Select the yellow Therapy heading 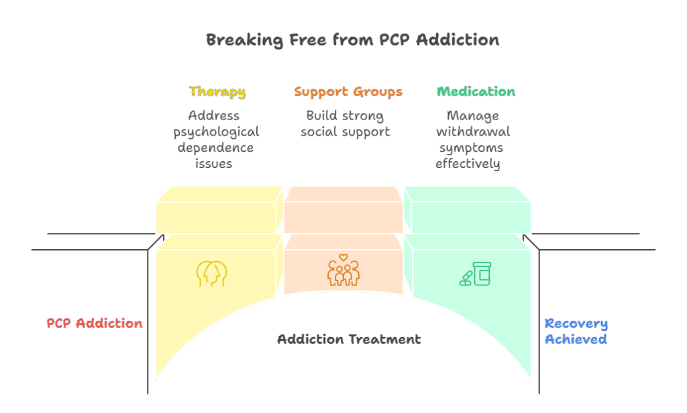click(x=217, y=92)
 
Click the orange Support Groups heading click(x=348, y=92)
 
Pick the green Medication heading click(x=476, y=92)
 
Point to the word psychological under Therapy click(x=215, y=132)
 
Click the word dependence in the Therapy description click(x=215, y=148)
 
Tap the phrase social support click(x=345, y=132)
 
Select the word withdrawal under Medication click(x=472, y=132)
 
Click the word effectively click(x=468, y=164)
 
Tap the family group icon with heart click(x=343, y=271)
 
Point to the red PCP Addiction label click(x=95, y=324)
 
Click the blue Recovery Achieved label click(x=576, y=332)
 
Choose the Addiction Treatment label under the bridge click(x=349, y=339)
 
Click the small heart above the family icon click(x=343, y=257)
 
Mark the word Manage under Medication click(x=472, y=116)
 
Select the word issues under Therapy click(x=214, y=164)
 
